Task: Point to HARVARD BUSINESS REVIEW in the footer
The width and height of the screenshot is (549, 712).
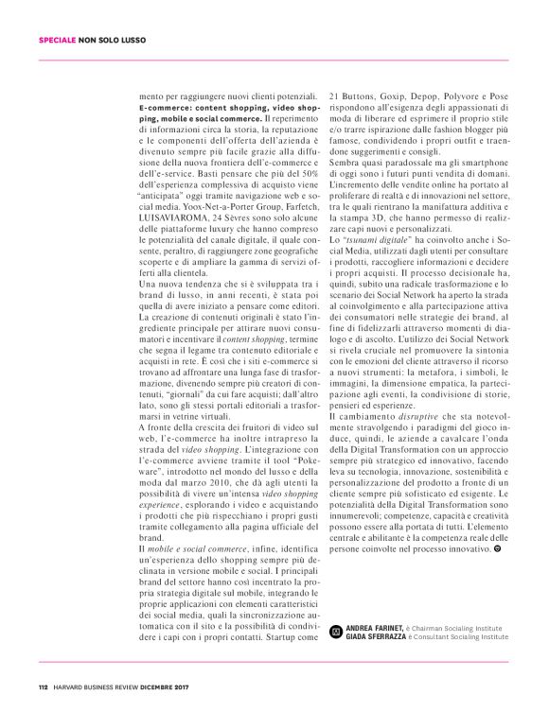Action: (x=97, y=687)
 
